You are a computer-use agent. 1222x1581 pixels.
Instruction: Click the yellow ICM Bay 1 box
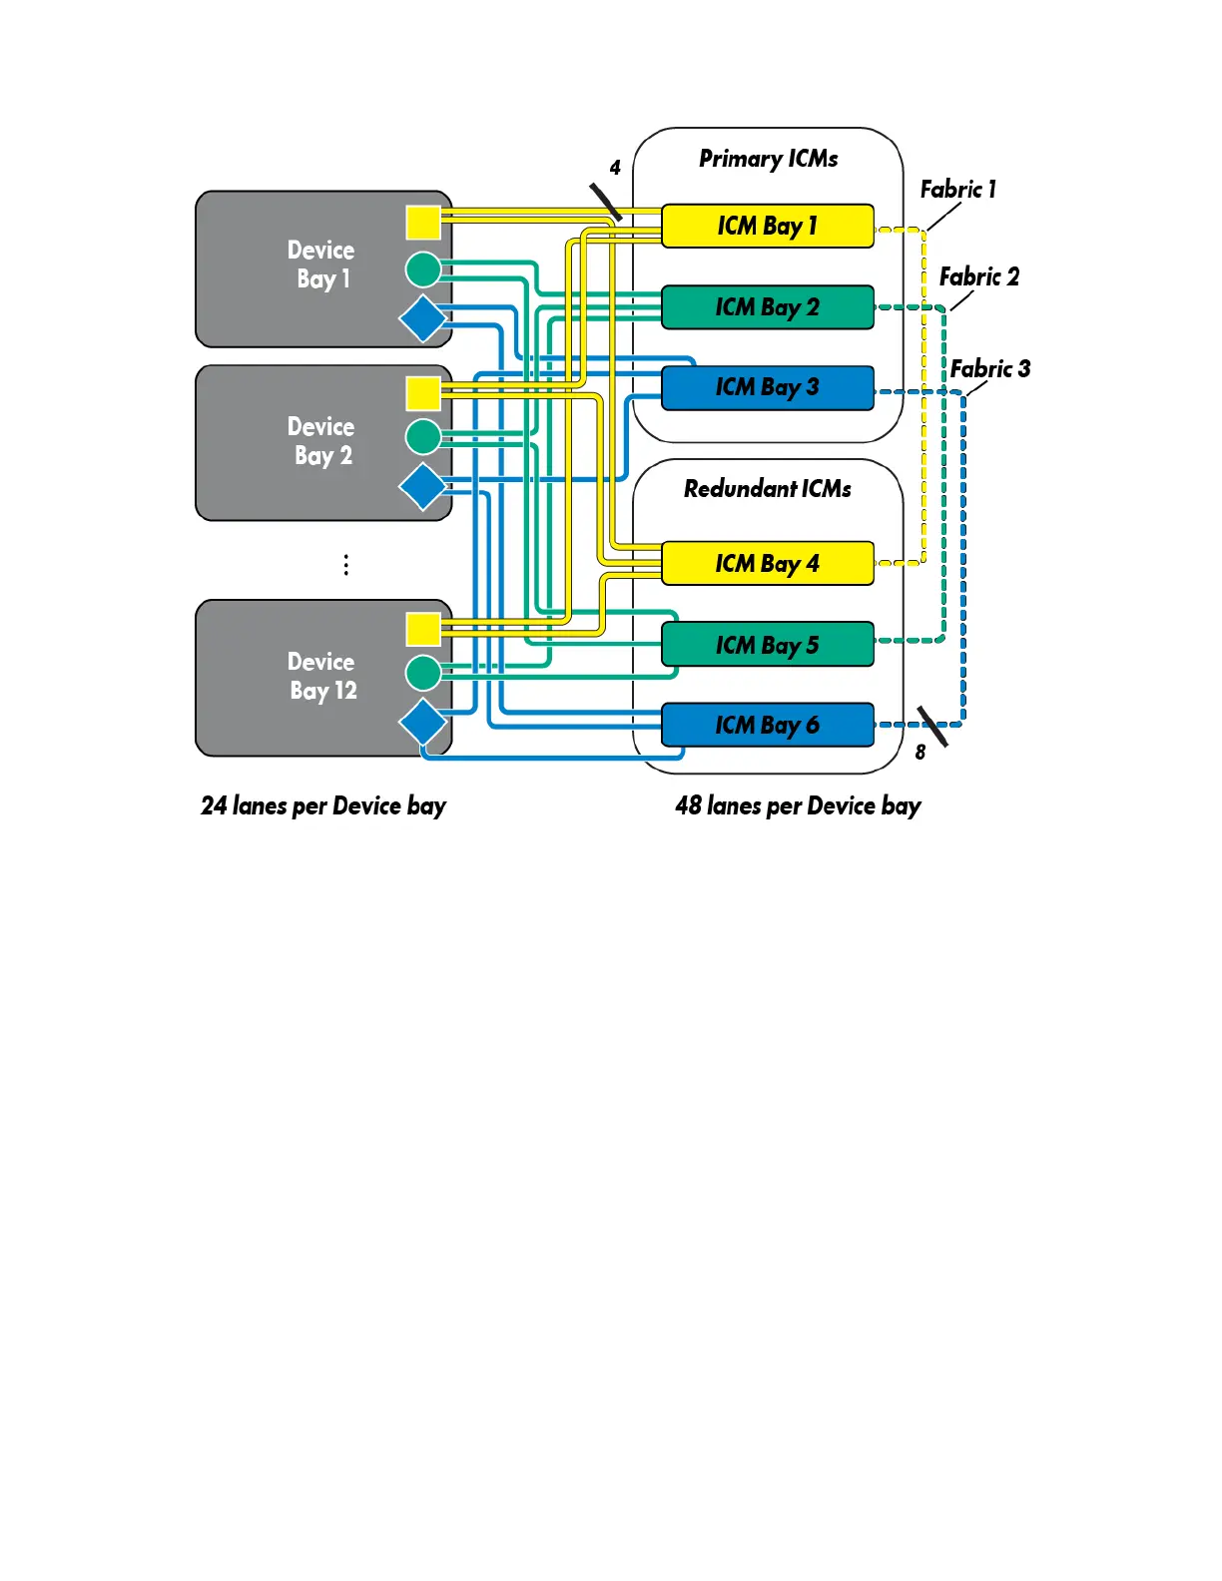point(767,226)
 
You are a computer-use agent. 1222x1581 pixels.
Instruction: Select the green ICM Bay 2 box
point(767,307)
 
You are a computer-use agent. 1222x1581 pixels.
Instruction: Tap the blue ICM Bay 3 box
point(767,388)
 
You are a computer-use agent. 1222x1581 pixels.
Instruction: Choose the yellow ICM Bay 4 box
point(767,563)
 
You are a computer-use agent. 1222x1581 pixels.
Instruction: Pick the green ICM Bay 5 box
point(767,644)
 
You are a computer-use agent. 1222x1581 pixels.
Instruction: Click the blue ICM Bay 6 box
point(767,725)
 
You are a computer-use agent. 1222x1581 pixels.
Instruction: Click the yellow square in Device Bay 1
point(423,223)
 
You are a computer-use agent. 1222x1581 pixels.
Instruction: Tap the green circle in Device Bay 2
point(423,436)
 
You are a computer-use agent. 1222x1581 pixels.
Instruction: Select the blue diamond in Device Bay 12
point(423,722)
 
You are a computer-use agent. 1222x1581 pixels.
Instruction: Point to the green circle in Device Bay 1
point(423,269)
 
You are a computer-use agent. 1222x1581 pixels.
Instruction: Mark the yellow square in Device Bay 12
point(423,630)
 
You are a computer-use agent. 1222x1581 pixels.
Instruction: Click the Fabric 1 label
point(957,190)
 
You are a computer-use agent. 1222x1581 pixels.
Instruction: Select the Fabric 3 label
point(989,369)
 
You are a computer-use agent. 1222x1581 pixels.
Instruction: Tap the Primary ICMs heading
point(768,159)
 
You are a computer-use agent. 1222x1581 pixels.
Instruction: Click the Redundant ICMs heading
point(767,488)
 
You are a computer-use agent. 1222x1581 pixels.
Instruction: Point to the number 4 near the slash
point(615,168)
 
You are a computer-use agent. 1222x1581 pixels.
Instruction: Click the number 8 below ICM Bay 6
point(919,753)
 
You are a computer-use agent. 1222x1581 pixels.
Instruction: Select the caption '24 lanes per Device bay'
point(323,806)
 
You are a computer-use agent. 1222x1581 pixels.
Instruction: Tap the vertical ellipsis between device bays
point(345,565)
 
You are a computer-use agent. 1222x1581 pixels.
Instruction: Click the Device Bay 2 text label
point(320,441)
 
